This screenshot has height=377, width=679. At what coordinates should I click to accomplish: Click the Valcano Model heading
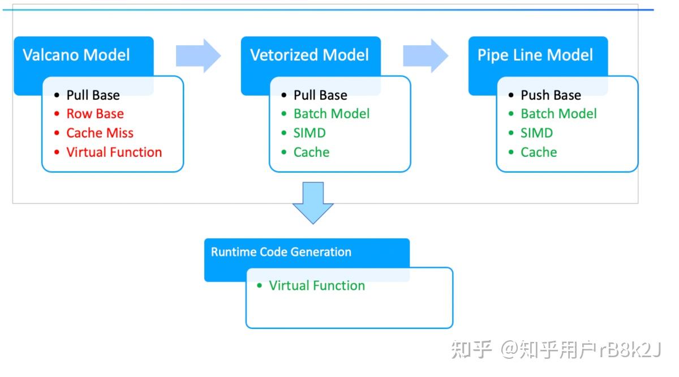76,55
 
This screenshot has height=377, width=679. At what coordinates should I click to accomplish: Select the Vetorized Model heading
309,55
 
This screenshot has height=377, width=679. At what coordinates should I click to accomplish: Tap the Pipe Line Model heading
535,55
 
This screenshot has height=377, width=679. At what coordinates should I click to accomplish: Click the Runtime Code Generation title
281,252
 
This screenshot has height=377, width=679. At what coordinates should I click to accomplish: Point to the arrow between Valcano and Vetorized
198,55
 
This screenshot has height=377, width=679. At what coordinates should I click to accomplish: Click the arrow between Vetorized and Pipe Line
426,55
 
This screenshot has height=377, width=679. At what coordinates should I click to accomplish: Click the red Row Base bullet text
94,114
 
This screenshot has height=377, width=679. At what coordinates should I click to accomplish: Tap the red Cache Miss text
100,133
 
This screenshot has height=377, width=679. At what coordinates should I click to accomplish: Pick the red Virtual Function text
114,152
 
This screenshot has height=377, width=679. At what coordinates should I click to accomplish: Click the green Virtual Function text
316,286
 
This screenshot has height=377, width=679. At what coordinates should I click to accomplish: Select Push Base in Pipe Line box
551,95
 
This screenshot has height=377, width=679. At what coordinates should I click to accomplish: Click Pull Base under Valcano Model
93,95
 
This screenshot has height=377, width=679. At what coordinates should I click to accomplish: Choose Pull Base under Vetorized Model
320,95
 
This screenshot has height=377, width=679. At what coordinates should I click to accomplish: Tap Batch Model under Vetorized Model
331,114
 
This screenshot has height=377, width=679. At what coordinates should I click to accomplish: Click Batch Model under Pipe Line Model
558,114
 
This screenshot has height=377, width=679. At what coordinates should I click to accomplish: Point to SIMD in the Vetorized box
310,133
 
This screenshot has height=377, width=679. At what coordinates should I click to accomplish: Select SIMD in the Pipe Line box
536,133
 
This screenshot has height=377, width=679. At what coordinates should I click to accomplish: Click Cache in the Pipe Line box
539,152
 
